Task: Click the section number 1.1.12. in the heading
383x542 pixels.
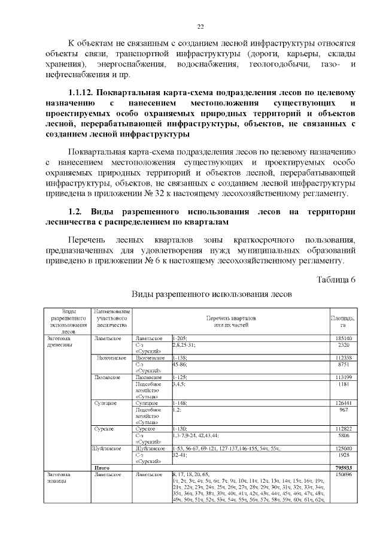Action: (81, 93)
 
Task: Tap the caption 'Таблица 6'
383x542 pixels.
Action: (335, 280)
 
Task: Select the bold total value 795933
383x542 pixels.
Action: (343, 467)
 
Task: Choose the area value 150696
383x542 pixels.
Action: (343, 474)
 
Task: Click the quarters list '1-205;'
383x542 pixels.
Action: (180, 338)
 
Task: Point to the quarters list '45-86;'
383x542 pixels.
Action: (180, 364)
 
